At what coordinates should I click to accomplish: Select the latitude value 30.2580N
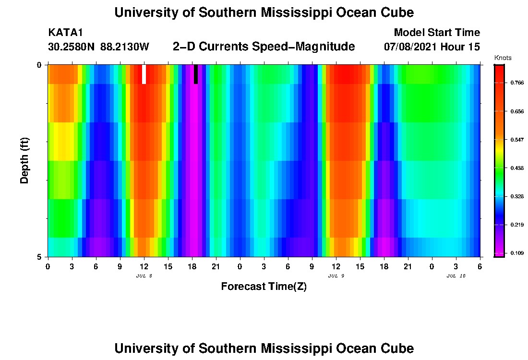coord(72,47)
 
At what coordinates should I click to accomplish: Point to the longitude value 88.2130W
coord(125,47)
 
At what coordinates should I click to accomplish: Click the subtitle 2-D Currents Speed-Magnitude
coord(264,47)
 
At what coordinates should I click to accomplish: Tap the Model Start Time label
coord(436,33)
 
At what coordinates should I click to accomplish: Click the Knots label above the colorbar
coord(503,58)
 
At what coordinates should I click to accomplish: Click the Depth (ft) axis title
coord(25,160)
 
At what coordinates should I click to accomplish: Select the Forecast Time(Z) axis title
coord(264,287)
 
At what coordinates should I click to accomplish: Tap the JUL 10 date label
coord(456,276)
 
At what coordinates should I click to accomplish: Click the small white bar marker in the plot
coord(144,74)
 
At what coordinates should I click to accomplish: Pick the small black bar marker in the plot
coord(196,74)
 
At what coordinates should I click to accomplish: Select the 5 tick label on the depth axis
coord(40,257)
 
